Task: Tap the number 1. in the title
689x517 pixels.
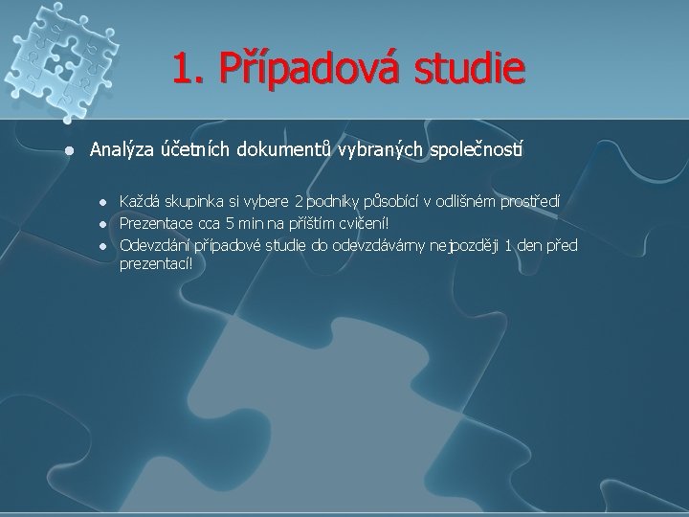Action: tap(189, 69)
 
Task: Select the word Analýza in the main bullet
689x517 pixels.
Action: tap(121, 150)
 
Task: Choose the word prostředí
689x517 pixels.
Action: tap(531, 202)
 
